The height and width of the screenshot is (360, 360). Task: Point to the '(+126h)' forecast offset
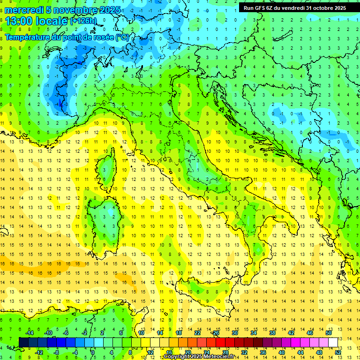coord(83,21)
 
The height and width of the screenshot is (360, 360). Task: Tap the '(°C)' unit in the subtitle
coord(122,37)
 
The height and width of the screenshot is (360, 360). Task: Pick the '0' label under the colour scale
coord(93,352)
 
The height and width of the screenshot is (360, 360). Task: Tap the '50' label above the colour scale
coord(329,333)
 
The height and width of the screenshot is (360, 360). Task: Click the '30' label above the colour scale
coord(234,333)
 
